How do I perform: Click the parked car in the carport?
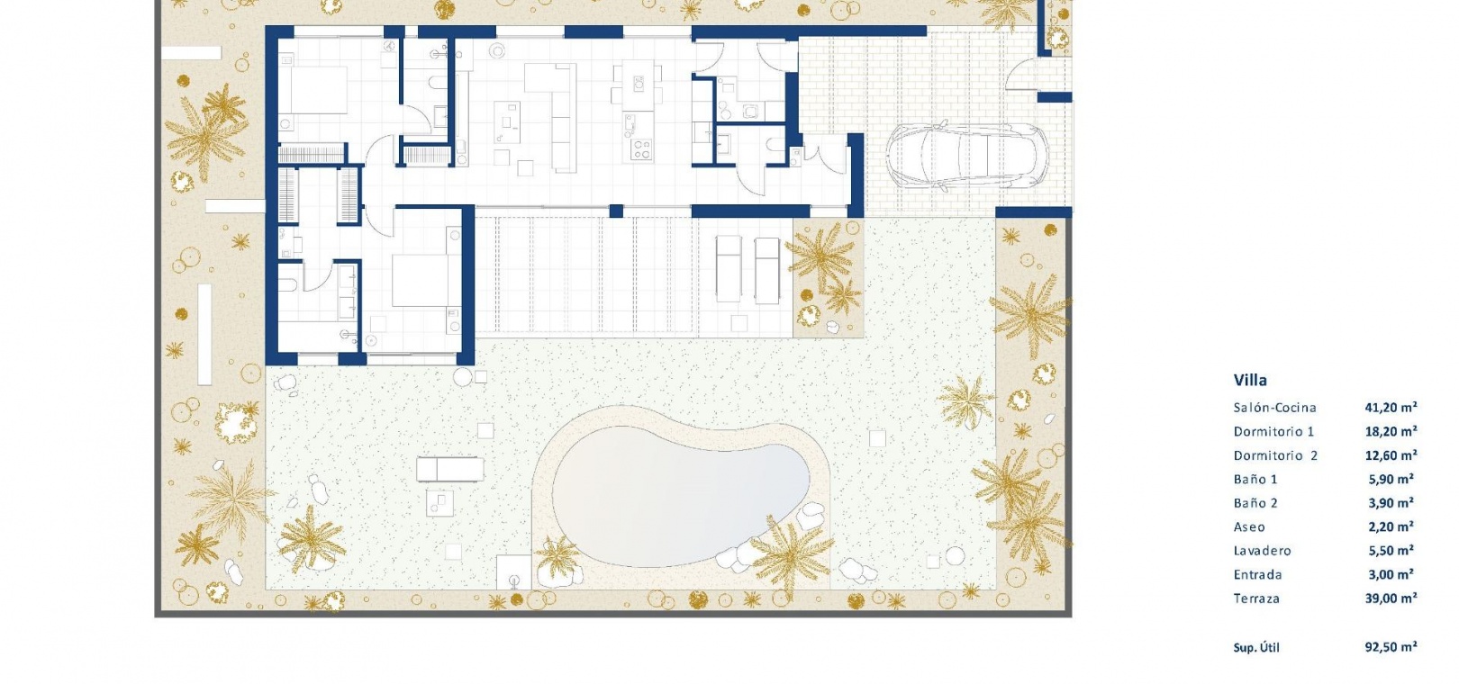click(966, 157)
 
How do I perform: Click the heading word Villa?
click(1250, 380)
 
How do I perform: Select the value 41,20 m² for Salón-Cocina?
click(1391, 408)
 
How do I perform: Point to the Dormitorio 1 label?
click(1273, 431)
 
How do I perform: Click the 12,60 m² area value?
click(1391, 454)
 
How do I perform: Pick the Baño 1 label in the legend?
click(1255, 480)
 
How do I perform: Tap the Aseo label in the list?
click(1249, 527)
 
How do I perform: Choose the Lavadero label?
click(1262, 551)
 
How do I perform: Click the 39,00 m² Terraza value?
click(1391, 598)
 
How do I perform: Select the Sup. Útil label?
click(1255, 648)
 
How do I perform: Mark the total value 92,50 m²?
click(1391, 647)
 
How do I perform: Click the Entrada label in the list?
click(1257, 575)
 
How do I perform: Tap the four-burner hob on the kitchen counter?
click(640, 150)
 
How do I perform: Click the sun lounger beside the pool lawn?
click(450, 469)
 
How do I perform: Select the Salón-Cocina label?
click(1274, 408)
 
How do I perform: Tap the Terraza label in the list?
click(1256, 598)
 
